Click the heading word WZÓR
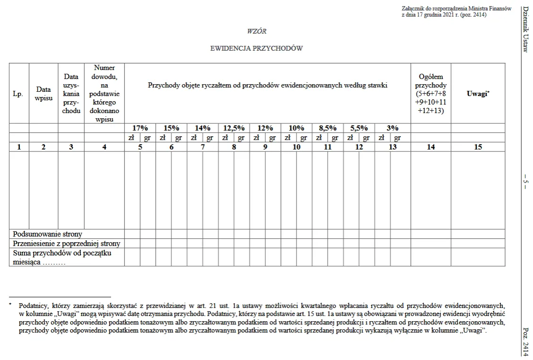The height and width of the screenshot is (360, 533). [257, 31]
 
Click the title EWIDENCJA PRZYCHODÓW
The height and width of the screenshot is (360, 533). [256, 48]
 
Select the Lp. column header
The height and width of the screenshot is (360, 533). [18, 94]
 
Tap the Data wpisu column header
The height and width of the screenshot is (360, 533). [44, 93]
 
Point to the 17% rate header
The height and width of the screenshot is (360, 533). [140, 128]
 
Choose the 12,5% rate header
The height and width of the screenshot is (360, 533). [234, 128]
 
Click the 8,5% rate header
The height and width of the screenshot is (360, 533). [327, 128]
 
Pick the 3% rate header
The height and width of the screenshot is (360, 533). [393, 128]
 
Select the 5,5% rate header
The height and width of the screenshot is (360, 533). [359, 128]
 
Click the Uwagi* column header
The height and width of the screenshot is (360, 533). [478, 94]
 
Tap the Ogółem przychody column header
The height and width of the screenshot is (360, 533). [430, 94]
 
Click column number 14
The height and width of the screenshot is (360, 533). [430, 147]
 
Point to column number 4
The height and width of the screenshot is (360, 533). [104, 147]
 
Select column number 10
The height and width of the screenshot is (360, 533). [297, 147]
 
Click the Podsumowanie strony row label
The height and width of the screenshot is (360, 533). [48, 234]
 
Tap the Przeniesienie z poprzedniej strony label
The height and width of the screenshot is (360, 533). [67, 244]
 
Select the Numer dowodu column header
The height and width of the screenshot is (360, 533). [104, 94]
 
